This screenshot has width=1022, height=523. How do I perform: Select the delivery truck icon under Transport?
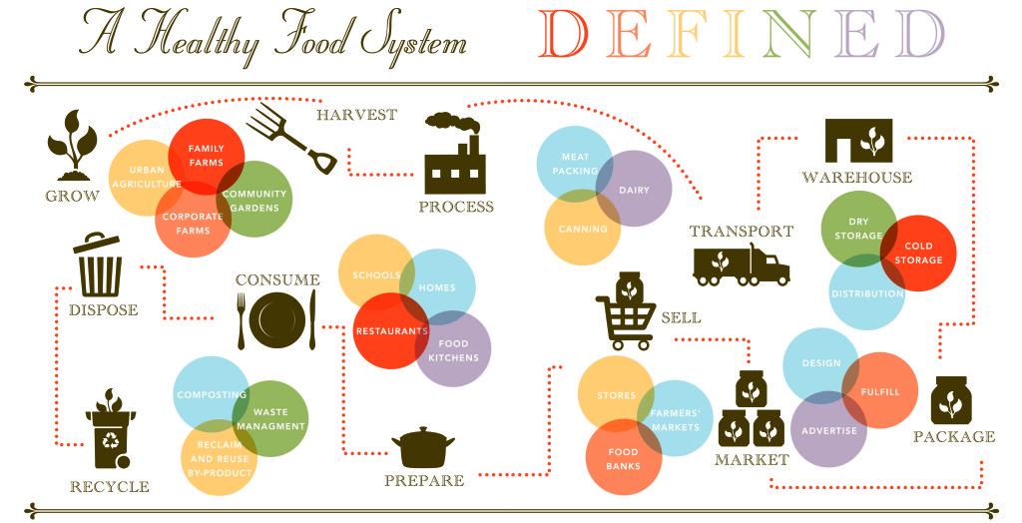click(741, 265)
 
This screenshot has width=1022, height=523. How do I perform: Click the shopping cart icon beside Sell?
click(624, 312)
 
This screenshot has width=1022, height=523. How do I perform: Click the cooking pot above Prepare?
click(423, 448)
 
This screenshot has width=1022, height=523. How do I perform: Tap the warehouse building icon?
click(858, 141)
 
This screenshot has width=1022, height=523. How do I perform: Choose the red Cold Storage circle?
click(917, 253)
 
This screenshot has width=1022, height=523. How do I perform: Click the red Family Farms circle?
click(206, 155)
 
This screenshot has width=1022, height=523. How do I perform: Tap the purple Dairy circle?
click(635, 189)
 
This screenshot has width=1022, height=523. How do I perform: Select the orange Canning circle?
click(582, 229)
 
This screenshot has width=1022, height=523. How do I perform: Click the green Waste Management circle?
click(270, 419)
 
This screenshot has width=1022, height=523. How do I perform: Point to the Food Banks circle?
click(623, 459)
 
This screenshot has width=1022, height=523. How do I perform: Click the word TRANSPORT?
click(742, 231)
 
